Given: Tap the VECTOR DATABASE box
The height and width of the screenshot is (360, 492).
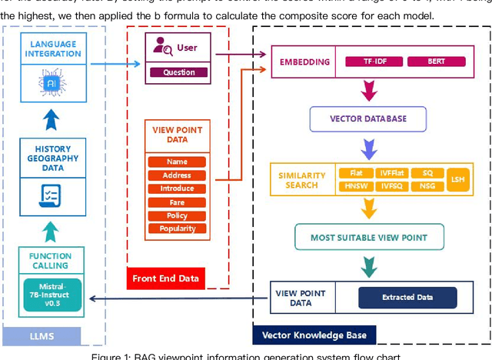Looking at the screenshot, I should pyautogui.click(x=368, y=119).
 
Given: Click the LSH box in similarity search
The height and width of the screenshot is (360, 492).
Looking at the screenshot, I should pyautogui.click(x=457, y=179).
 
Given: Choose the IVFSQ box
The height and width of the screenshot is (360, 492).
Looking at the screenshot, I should pyautogui.click(x=391, y=186).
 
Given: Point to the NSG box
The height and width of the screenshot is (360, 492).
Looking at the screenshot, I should pyautogui.click(x=427, y=186).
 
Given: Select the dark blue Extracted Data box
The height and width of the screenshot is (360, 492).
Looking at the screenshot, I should pyautogui.click(x=407, y=296).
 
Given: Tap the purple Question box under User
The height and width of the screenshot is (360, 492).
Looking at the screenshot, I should pyautogui.click(x=178, y=72).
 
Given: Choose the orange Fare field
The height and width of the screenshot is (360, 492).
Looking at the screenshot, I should pyautogui.click(x=177, y=202).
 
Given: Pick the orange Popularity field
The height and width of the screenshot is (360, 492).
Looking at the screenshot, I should pyautogui.click(x=177, y=228).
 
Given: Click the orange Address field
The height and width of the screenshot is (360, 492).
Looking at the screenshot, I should pyautogui.click(x=177, y=175).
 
